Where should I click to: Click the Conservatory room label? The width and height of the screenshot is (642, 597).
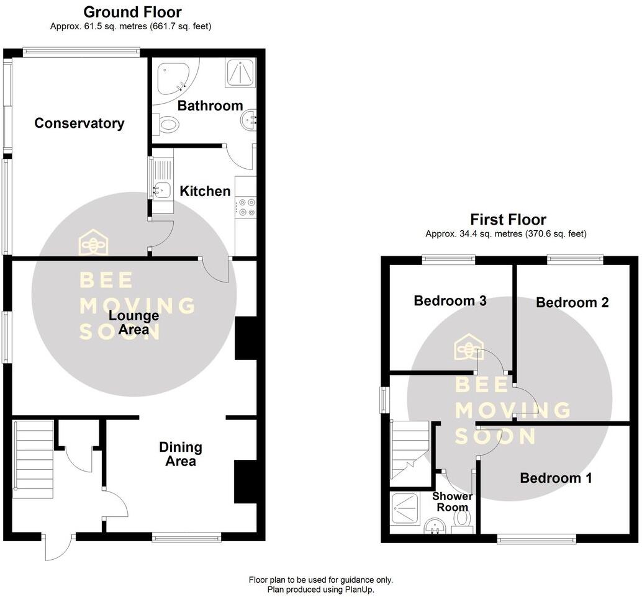79,123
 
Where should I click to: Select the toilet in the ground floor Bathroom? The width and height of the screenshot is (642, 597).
166,125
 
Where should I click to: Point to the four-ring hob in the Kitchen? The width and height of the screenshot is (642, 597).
246,206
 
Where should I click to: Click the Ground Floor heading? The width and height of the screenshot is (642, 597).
132,12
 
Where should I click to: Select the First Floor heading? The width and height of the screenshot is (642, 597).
508,219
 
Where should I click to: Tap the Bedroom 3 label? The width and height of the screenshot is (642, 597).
450,301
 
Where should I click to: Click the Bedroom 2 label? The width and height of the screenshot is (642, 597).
572,302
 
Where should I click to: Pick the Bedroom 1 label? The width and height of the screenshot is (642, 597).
556,478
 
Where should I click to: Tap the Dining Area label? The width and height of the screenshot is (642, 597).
181,454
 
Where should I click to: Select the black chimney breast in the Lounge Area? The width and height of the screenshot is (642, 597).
245,338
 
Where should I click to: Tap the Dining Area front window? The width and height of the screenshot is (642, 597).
186,538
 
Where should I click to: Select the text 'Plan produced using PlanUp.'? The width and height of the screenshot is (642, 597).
320,589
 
